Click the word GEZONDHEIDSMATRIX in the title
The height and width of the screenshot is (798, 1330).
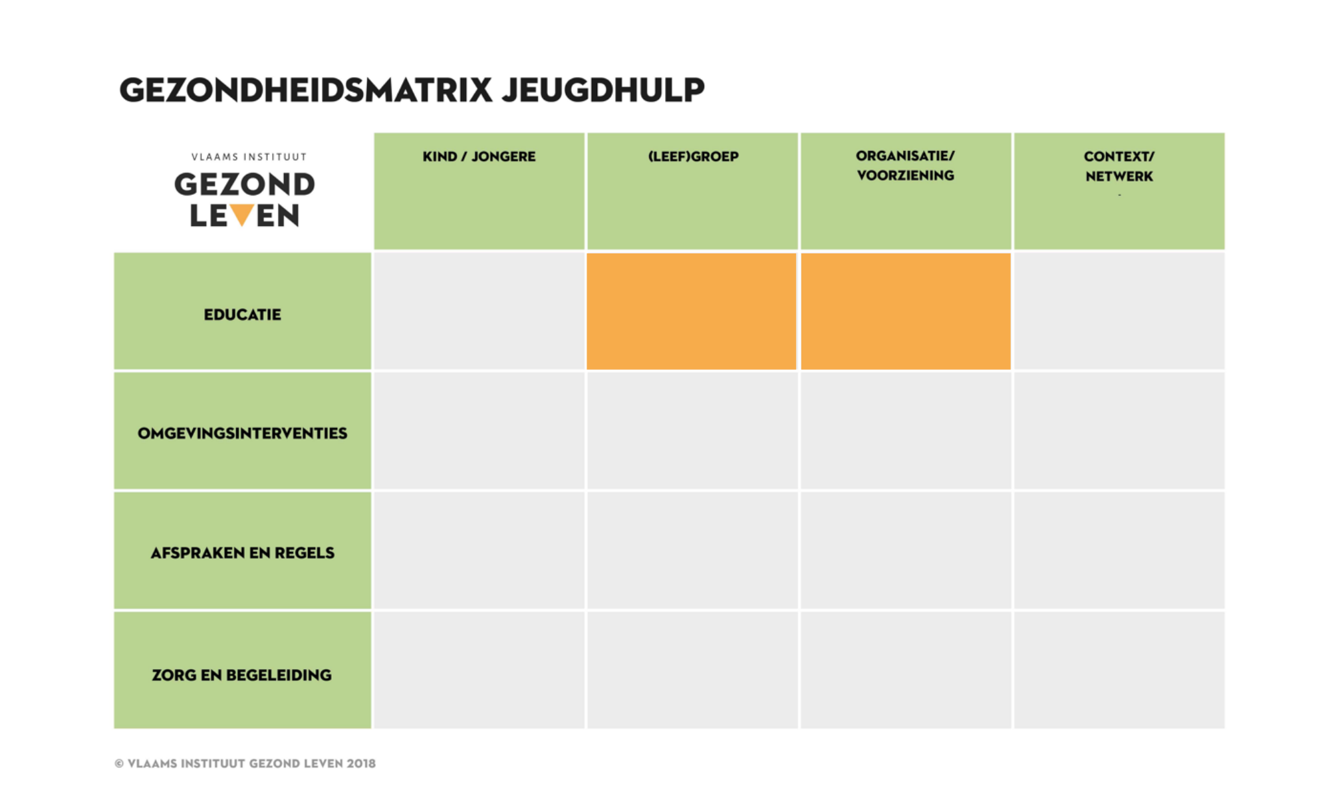click(306, 90)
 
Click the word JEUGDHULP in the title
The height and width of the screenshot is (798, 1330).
click(603, 90)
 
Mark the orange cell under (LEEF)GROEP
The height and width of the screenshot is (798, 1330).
click(692, 311)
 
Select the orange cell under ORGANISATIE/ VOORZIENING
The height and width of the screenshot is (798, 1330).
click(906, 311)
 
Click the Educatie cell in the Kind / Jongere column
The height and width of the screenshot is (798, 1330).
click(479, 311)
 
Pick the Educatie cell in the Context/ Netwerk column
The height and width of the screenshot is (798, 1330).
click(1119, 311)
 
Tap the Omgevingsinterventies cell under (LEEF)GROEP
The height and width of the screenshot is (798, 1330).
click(692, 430)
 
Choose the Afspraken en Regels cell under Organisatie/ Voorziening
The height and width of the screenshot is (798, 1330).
click(906, 550)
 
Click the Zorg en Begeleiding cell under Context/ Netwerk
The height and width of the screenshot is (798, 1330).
click(1119, 670)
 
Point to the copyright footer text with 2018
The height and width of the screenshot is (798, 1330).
click(245, 763)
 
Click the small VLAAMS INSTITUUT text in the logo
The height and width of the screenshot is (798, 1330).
click(249, 157)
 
